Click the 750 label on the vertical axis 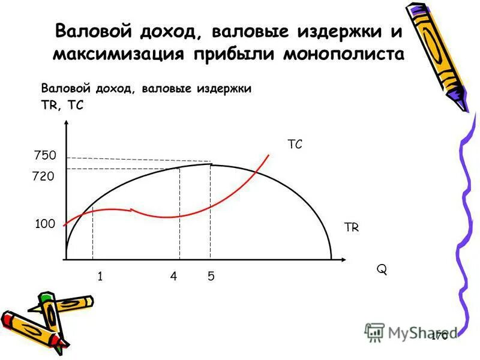pos(44,155)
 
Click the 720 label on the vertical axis pos(43,177)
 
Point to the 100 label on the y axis pos(44,224)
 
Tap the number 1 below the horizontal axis pos(100,277)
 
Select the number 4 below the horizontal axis pos(173,277)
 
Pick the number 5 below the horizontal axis pos(211,277)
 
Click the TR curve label pos(351,227)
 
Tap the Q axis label pos(382,270)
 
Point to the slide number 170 pos(439,337)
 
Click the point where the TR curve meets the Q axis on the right pos(331,259)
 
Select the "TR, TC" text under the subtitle pos(62,104)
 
